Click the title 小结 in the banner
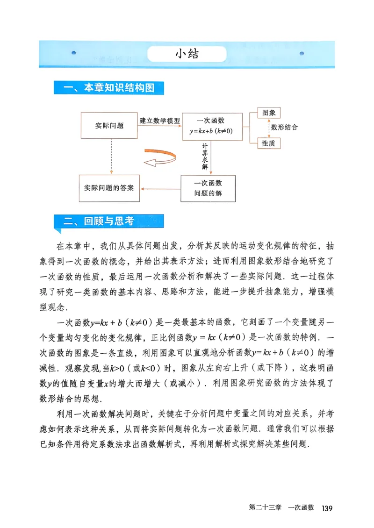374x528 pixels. pyautogui.click(x=187, y=54)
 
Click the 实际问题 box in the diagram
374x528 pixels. pyautogui.click(x=109, y=126)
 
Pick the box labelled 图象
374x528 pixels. pyautogui.click(x=269, y=113)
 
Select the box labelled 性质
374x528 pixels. pyautogui.click(x=269, y=143)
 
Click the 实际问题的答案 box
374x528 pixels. pyautogui.click(x=109, y=188)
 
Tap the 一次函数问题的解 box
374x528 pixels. pyautogui.click(x=208, y=188)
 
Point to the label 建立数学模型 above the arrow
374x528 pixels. pyautogui.click(x=159, y=120)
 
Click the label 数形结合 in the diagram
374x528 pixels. pyautogui.click(x=284, y=127)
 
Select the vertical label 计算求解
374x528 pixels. pyautogui.click(x=205, y=157)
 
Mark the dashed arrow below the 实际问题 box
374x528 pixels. pyautogui.click(x=111, y=156)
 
